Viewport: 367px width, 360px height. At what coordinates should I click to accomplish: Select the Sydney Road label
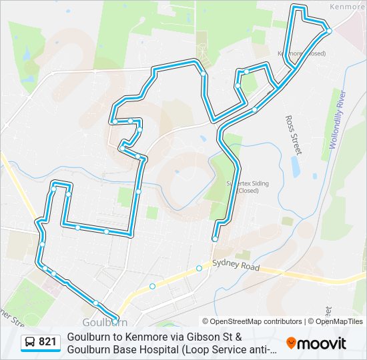(234, 263)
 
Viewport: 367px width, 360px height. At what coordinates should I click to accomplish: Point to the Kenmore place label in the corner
(348, 6)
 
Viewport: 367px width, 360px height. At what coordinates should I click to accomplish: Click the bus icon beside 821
(29, 343)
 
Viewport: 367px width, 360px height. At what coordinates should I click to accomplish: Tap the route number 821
(47, 343)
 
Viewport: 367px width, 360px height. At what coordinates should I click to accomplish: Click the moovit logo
(316, 343)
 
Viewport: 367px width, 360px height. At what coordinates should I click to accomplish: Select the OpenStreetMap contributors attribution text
(252, 321)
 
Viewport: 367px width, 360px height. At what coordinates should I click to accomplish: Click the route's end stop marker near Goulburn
(115, 319)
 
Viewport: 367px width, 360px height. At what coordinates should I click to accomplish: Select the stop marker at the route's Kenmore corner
(329, 31)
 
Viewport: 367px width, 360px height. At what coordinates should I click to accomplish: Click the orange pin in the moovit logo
(291, 343)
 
